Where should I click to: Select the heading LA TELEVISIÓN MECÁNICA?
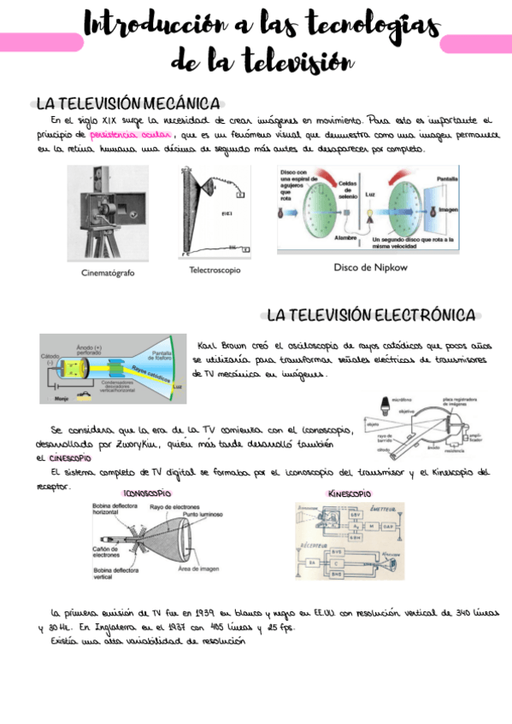[127, 103]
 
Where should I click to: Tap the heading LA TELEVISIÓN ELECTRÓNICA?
[371, 316]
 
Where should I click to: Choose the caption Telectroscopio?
[215, 270]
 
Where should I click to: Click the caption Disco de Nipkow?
[368, 267]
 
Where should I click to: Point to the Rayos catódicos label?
[151, 370]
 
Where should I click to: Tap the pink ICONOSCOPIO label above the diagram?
[147, 493]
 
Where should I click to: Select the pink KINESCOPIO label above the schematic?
[349, 493]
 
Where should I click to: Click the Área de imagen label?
[200, 568]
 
